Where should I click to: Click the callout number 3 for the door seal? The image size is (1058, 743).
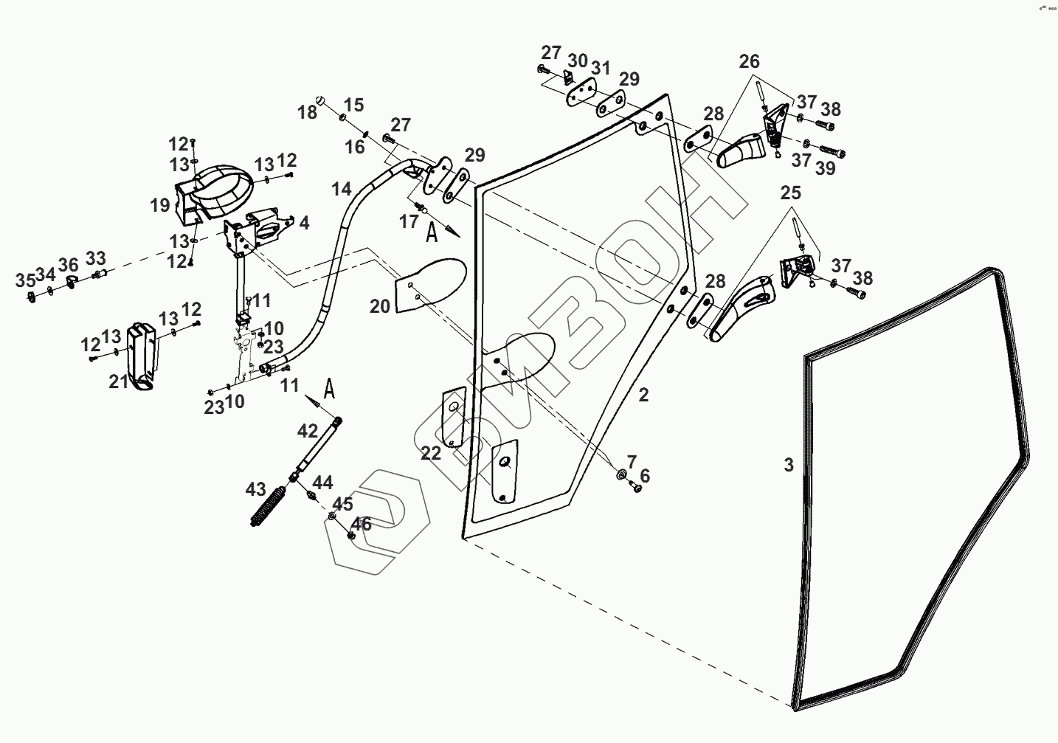pos(788,466)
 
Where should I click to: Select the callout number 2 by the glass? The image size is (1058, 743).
pos(643,395)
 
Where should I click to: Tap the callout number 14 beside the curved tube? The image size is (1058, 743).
pos(341,189)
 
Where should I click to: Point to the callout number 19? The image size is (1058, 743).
pos(159,205)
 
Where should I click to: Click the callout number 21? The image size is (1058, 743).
pos(119,381)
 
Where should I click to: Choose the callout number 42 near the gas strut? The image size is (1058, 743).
pos(308,431)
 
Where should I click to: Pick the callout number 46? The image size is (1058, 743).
pos(362,525)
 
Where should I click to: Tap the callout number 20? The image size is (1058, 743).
pos(380,306)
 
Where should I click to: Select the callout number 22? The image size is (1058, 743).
pos(430,454)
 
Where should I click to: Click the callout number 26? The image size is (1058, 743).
pos(749,61)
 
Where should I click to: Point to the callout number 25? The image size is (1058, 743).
pos(791,193)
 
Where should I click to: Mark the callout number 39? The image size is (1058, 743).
pos(825,168)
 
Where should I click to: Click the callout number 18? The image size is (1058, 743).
pos(307,112)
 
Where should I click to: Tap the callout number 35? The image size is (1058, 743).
pos(25,280)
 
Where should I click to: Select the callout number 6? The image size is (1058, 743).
pos(645,475)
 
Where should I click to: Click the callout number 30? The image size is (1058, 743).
pos(577,61)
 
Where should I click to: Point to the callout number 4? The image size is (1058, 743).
pos(304,223)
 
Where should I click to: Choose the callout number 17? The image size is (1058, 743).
pos(409,221)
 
